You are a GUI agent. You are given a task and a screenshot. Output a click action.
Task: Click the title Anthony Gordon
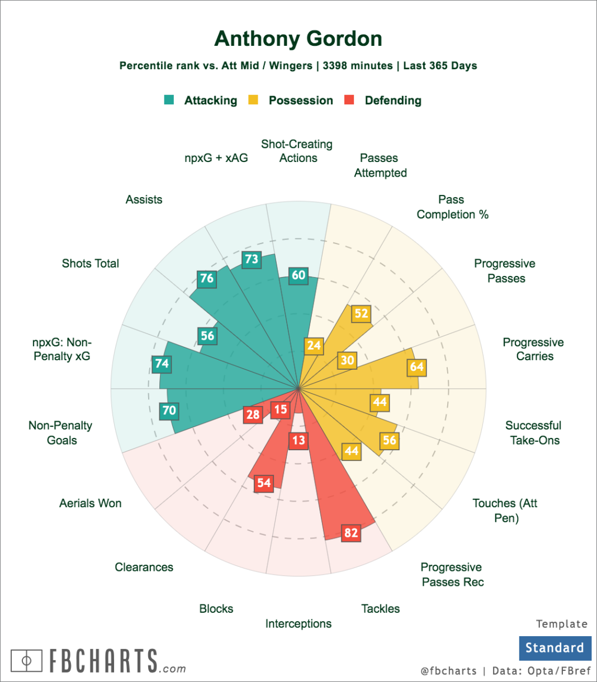[x=298, y=39]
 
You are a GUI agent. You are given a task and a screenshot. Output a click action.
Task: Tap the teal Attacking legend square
[x=169, y=100]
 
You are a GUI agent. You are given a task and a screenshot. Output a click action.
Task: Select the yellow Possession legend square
[x=253, y=100]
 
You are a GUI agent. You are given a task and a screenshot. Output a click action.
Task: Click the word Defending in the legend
[x=393, y=101]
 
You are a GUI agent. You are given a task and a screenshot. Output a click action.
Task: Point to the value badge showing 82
[x=351, y=532]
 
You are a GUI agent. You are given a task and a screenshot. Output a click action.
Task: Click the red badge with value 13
[x=298, y=440]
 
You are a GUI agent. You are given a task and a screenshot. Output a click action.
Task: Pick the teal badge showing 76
[x=207, y=278]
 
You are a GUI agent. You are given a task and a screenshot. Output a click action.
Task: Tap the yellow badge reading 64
[x=416, y=367]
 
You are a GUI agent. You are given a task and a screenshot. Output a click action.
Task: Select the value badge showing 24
[x=314, y=346]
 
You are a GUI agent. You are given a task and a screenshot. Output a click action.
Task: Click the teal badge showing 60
[x=298, y=275]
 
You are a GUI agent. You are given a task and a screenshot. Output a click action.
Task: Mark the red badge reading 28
[x=253, y=414]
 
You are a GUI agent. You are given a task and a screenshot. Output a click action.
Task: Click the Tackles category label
[x=380, y=609]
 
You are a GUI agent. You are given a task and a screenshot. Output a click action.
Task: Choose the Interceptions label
[x=298, y=623]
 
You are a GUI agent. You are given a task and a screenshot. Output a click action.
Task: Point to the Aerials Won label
[x=90, y=503]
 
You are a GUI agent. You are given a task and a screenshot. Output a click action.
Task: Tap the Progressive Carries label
[x=533, y=349]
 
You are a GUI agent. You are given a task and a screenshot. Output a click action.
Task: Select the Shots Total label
[x=90, y=264]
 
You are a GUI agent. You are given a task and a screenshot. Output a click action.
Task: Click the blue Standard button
[x=555, y=648]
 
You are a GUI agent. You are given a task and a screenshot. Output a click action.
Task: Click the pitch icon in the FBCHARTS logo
[x=26, y=661]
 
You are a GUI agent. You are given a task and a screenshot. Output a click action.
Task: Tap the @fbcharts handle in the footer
[x=448, y=671]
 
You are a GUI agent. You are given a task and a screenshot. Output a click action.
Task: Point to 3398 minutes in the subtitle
[x=357, y=66]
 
